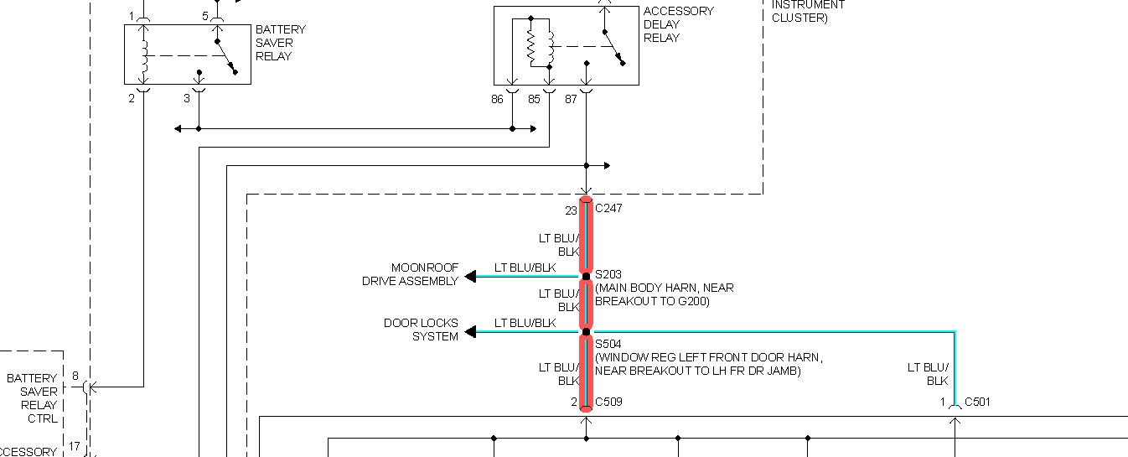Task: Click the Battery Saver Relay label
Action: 280,43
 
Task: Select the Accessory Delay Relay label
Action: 678,24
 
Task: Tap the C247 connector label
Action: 608,207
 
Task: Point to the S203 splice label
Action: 608,275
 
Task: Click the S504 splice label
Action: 608,344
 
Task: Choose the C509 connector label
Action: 608,402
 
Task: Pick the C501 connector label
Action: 977,402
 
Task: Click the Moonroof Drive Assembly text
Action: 410,275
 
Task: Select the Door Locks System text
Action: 421,330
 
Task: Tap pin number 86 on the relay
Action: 498,99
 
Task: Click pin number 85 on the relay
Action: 534,99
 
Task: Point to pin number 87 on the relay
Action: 571,99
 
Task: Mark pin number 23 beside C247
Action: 571,210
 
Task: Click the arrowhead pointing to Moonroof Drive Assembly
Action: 471,276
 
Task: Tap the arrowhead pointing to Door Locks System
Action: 471,332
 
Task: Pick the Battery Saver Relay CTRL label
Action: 33,398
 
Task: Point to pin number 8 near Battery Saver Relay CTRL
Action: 75,377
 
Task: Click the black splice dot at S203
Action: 586,276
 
